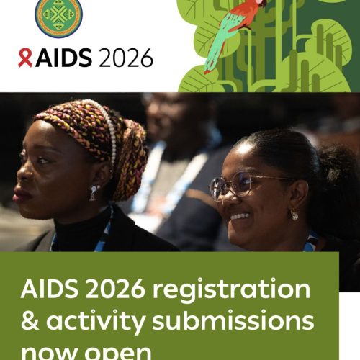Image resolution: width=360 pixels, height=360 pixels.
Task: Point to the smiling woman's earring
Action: click(x=294, y=214)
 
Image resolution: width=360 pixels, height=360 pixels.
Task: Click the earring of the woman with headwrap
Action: click(x=94, y=192)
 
